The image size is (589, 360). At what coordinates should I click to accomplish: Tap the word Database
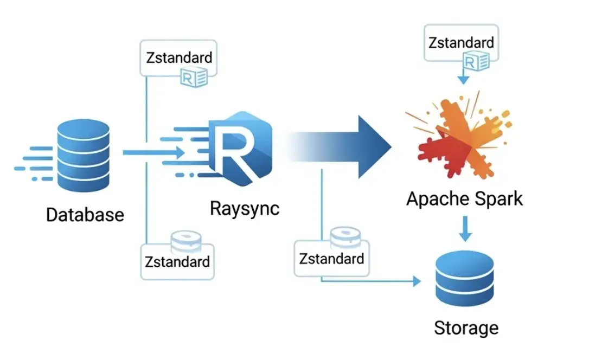(x=85, y=215)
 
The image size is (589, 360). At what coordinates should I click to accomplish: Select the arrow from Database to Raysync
(x=154, y=152)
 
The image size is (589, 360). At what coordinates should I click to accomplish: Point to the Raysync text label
(x=245, y=208)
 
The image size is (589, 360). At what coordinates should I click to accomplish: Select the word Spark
(x=497, y=198)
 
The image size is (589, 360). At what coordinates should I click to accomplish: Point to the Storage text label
(x=466, y=327)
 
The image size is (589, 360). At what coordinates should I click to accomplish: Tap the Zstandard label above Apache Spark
(x=461, y=43)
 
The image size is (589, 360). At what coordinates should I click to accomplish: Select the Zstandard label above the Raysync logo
(x=180, y=57)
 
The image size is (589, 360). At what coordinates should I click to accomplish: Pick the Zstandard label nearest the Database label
(x=177, y=261)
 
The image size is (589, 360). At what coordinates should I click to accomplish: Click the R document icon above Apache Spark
(x=478, y=63)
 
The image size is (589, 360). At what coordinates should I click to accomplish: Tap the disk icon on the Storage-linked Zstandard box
(x=345, y=237)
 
